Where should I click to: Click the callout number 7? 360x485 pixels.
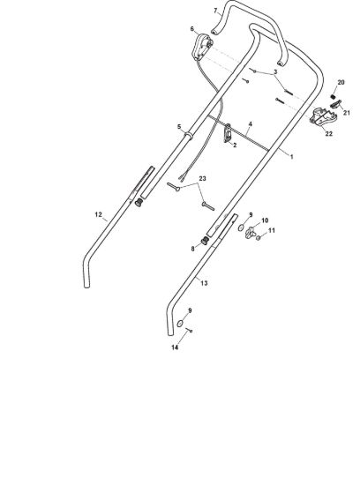click(216, 11)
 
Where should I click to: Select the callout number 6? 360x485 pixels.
click(192, 29)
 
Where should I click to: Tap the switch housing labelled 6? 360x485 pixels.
click(201, 47)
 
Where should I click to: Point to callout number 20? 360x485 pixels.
click(341, 82)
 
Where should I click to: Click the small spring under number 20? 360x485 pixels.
click(333, 96)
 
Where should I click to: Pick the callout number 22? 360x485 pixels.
click(328, 134)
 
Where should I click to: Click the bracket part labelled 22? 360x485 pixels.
click(323, 117)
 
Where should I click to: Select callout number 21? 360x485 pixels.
click(347, 113)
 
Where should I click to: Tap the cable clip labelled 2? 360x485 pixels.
click(228, 133)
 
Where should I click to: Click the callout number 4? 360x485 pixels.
click(250, 124)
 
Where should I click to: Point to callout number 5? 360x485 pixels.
click(179, 126)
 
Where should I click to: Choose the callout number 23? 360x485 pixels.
click(202, 178)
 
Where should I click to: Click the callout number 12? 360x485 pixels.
click(98, 214)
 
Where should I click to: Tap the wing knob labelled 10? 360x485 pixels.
click(250, 232)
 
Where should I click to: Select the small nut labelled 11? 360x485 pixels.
click(259, 238)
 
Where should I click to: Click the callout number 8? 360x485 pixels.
click(193, 249)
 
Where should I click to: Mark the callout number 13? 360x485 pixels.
click(204, 283)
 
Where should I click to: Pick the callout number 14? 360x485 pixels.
click(175, 347)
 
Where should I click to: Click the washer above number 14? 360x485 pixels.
click(180, 324)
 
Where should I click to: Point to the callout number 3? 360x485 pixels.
click(275, 71)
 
